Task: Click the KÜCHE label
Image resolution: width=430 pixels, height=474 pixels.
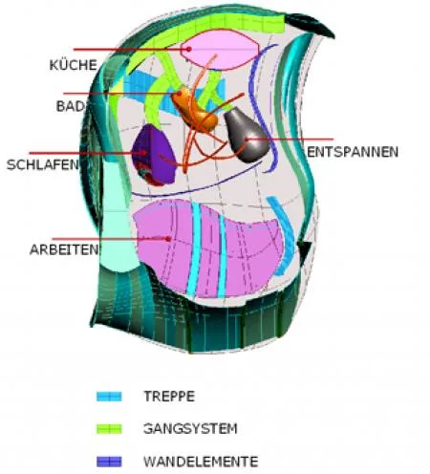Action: (x=74, y=65)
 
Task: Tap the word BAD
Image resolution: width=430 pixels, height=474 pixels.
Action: (x=71, y=106)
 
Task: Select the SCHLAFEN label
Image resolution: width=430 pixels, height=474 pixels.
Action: (x=42, y=164)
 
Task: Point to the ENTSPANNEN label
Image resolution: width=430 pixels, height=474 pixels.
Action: (x=353, y=152)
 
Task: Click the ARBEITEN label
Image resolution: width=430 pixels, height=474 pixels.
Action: (x=65, y=249)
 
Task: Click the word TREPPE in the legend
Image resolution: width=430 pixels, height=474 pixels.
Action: (x=169, y=397)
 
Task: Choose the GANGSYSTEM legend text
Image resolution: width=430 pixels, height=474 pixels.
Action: (x=190, y=428)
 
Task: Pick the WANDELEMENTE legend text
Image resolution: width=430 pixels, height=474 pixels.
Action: (x=201, y=462)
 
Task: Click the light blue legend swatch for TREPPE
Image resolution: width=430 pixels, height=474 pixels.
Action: (x=109, y=397)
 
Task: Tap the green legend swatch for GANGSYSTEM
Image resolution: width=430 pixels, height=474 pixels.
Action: (x=109, y=429)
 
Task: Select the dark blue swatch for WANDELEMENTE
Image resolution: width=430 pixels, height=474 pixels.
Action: (x=109, y=462)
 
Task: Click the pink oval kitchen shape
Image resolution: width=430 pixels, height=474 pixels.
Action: (x=220, y=50)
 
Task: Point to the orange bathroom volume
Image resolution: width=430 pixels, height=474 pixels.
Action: (x=194, y=109)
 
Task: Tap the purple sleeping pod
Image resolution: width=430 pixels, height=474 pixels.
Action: (x=154, y=156)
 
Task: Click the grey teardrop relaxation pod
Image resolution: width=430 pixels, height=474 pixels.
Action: (x=247, y=135)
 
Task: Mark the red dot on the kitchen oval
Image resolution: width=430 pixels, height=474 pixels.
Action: (x=189, y=49)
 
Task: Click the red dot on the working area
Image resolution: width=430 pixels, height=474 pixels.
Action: (x=169, y=239)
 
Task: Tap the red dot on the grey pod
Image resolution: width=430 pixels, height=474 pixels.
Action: (x=247, y=140)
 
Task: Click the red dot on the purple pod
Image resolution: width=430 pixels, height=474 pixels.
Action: (x=144, y=153)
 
